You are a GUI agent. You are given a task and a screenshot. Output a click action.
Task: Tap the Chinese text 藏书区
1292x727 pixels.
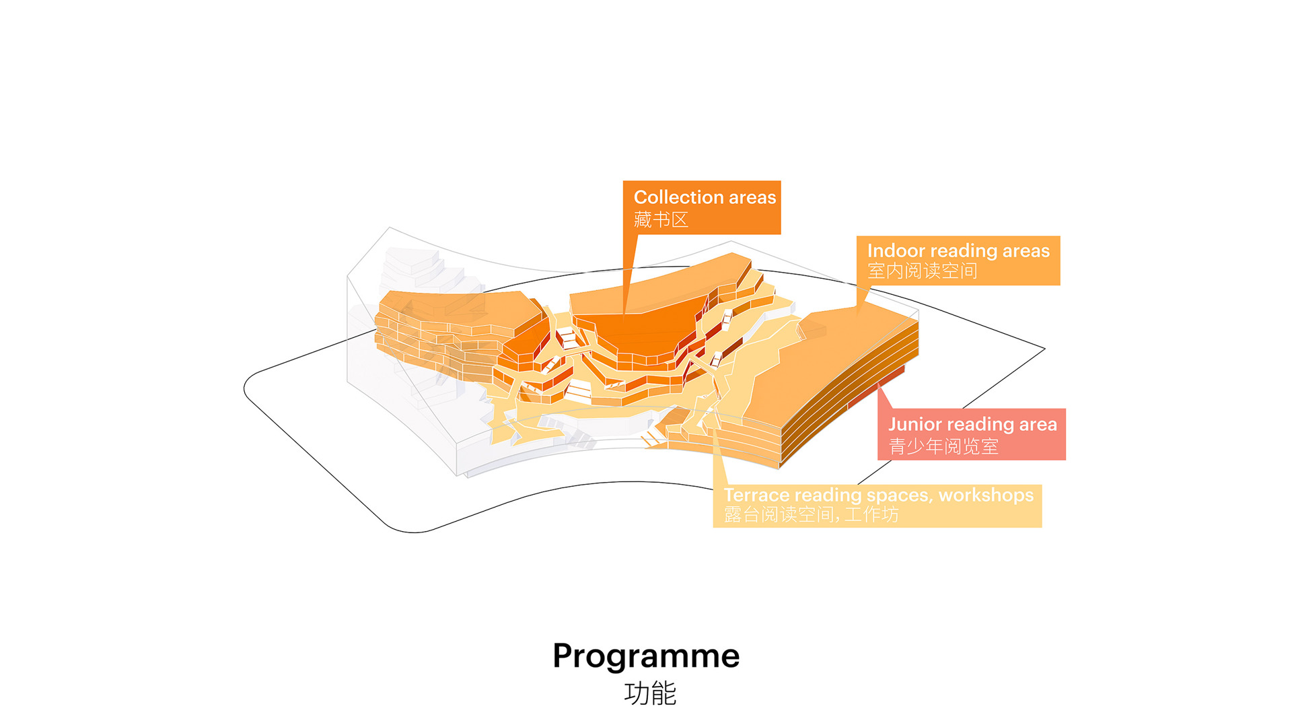coord(661,219)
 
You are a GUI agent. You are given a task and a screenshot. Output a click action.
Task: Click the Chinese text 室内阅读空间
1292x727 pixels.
coord(922,271)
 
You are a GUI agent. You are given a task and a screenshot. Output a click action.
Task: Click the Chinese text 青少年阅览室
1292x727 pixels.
coord(943,446)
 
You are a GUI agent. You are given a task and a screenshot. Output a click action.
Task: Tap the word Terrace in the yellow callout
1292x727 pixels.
coord(756,495)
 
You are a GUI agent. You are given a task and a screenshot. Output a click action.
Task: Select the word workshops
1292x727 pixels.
coord(986,495)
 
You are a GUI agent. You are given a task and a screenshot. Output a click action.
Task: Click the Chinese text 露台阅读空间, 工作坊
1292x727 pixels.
coord(811,515)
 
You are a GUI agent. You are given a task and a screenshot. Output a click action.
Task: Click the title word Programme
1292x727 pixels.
coord(646,656)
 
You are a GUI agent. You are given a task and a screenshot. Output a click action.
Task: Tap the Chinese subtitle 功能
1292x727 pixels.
coord(650,693)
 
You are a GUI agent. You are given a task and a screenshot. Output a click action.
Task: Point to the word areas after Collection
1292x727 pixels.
coord(752,197)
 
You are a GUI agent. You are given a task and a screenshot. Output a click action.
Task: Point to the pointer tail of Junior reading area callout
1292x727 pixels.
coord(884,397)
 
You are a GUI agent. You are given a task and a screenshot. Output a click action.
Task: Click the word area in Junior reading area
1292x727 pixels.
coord(1038,424)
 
